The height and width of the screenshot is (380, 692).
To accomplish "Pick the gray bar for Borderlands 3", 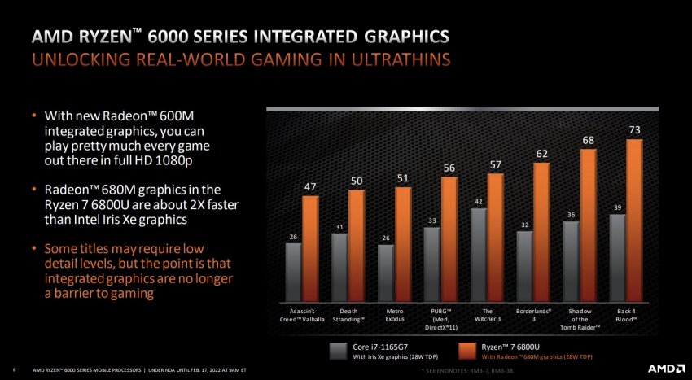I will pyautogui.click(x=525, y=265).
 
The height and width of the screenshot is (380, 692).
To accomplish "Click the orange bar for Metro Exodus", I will pyautogui.click(x=403, y=242).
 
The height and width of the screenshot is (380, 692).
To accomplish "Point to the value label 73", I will pyautogui.click(x=635, y=129).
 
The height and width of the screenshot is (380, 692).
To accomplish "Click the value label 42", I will pyautogui.click(x=479, y=201).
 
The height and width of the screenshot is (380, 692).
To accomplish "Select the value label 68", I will pyautogui.click(x=588, y=141).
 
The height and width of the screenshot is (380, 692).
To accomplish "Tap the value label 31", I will pyautogui.click(x=339, y=226).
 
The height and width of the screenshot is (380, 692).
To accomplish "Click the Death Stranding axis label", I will pyautogui.click(x=348, y=315).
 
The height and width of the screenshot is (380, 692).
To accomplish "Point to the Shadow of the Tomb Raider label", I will pyautogui.click(x=580, y=318).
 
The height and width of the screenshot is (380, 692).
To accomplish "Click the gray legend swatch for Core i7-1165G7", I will pyautogui.click(x=338, y=351).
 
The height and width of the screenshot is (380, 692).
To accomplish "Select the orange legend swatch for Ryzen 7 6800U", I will pyautogui.click(x=467, y=351).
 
